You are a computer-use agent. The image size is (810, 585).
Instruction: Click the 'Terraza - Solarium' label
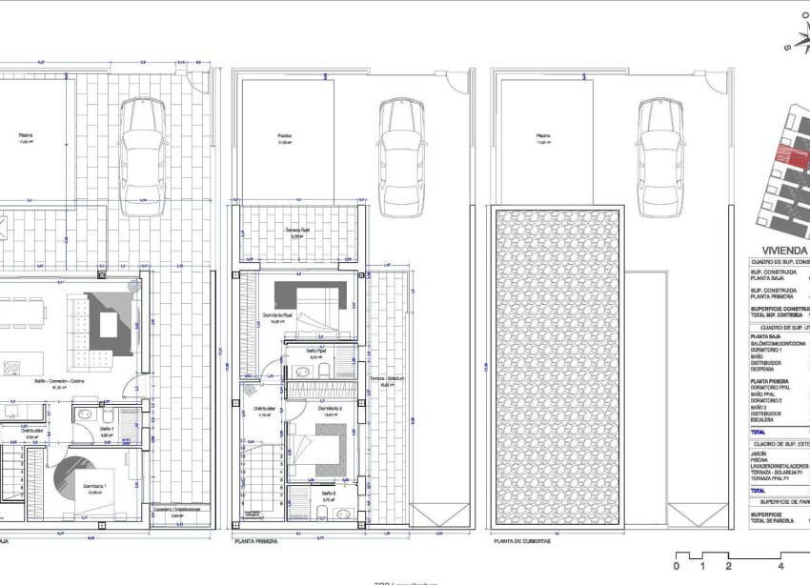pos(388,379)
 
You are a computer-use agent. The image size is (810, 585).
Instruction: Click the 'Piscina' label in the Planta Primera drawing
pos(285,136)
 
